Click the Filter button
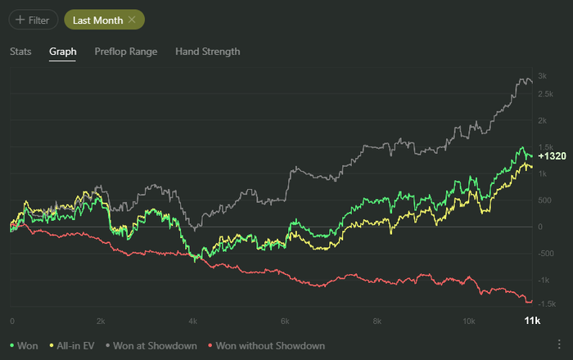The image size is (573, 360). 31,20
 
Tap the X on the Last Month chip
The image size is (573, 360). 131,20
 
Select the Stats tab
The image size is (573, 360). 20,52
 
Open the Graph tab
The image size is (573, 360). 62,52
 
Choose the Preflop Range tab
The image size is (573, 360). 125,52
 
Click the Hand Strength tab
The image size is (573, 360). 208,52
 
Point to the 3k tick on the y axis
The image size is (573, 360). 541,75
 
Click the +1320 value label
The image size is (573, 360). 552,155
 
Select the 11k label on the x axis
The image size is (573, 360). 531,321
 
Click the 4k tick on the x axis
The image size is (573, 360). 193,321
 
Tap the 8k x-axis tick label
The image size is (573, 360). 377,321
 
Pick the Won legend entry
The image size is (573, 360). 24,346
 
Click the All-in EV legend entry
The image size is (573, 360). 73,346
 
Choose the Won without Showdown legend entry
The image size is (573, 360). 268,346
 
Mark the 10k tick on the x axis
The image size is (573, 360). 468,321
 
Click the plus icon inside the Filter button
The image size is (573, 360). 20,20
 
